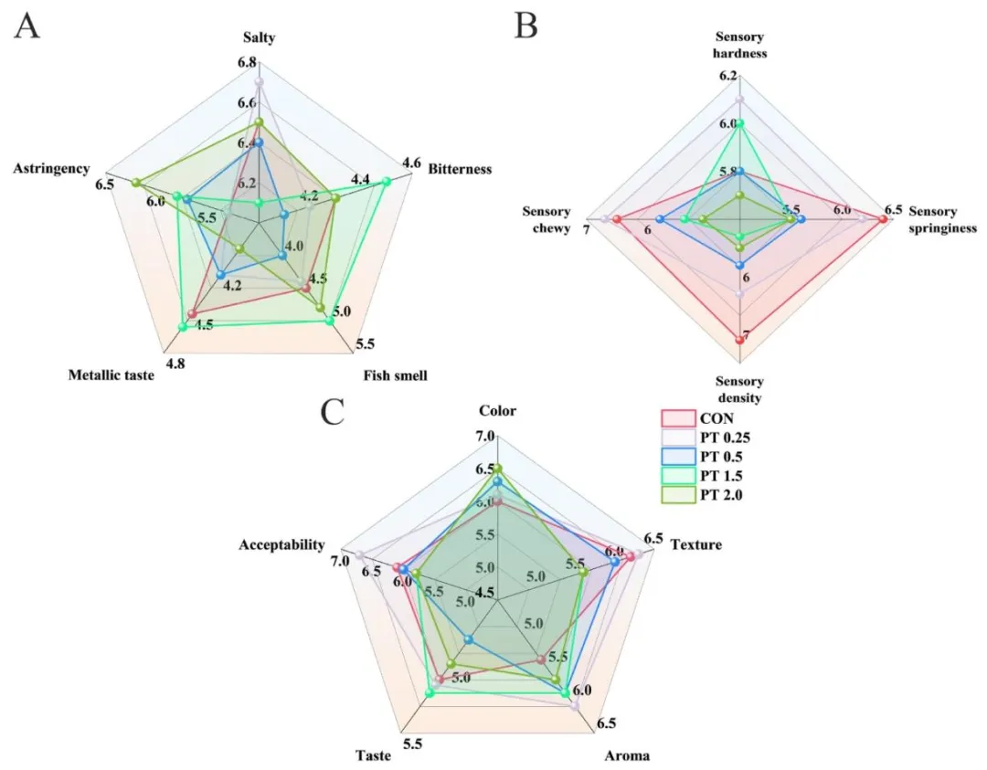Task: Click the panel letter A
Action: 27,26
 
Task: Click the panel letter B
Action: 525,26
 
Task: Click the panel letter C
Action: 334,413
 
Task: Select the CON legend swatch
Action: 674,418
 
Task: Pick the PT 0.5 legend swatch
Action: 674,457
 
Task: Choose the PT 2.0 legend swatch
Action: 674,495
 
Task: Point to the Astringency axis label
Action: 51,169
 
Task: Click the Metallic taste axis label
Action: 111,375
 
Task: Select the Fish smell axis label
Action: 395,375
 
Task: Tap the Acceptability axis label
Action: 281,545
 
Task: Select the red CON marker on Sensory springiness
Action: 883,218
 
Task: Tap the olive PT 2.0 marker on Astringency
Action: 136,184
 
